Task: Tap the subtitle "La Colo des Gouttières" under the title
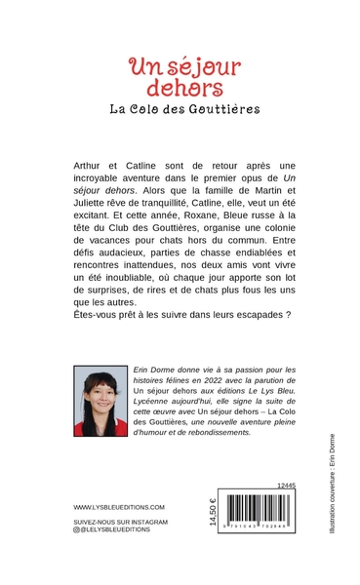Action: [184, 109]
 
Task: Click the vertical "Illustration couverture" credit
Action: [333, 483]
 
